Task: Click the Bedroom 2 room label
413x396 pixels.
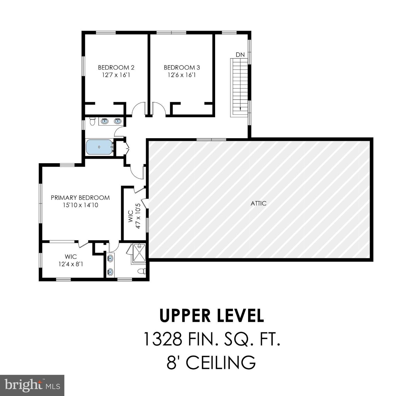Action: [116, 68]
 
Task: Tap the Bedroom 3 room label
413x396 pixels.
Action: [182, 68]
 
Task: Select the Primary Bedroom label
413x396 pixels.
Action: [80, 198]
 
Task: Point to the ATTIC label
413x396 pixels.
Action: [258, 203]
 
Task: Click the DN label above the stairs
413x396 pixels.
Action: [240, 55]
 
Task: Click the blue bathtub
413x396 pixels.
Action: [99, 147]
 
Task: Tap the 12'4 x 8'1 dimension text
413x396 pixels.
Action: [71, 264]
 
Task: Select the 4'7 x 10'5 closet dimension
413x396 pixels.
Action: [138, 216]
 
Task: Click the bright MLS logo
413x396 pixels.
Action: [32, 385]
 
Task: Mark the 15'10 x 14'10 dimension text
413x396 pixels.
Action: [80, 205]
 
